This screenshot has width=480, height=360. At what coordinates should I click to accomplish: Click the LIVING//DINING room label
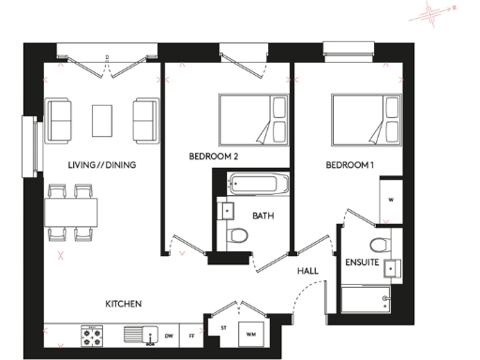click(102, 166)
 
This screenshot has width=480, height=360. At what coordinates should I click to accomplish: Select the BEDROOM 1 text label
click(351, 166)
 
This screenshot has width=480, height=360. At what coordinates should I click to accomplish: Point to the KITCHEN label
click(123, 304)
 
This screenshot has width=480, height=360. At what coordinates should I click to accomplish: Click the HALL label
click(307, 271)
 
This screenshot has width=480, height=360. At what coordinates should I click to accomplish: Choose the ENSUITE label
click(362, 262)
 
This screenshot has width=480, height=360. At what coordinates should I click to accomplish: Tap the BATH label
click(262, 216)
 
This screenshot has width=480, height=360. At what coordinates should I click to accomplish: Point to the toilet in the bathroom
click(238, 235)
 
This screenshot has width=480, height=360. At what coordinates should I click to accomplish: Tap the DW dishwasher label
click(170, 334)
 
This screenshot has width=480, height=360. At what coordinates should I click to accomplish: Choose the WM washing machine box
click(251, 334)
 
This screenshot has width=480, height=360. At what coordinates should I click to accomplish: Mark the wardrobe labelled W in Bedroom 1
click(390, 199)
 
